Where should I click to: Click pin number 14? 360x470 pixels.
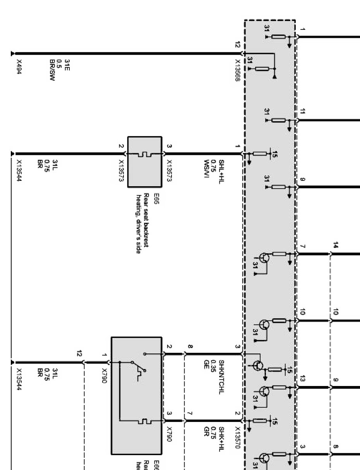pos(335,245)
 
